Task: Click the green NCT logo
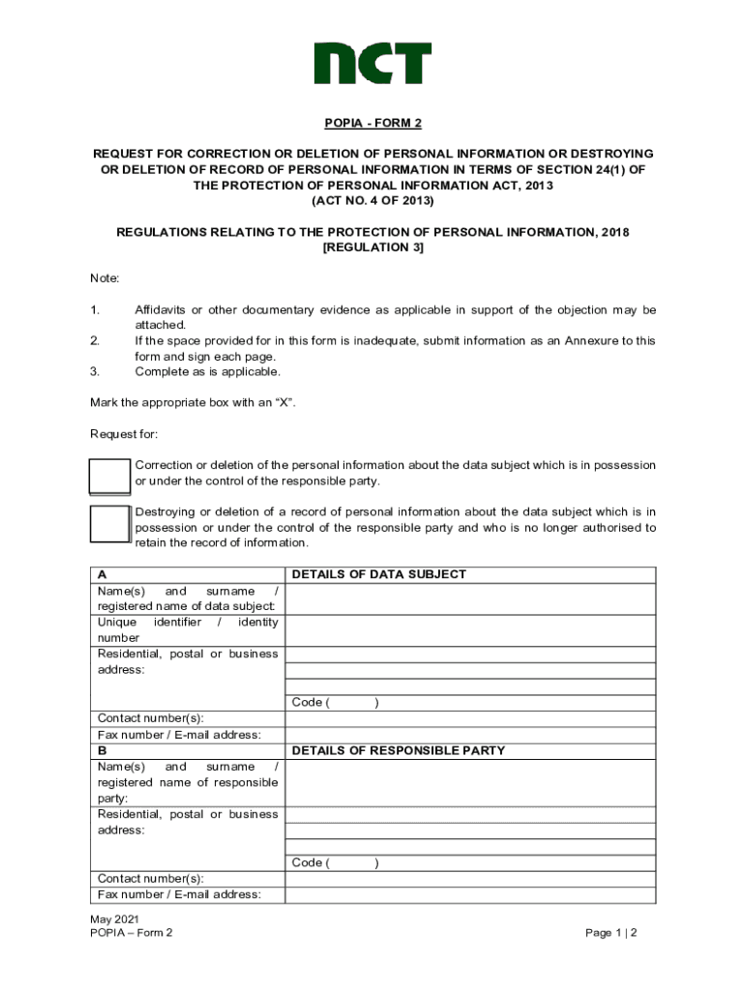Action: pyautogui.click(x=372, y=63)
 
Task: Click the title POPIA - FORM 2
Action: pyautogui.click(x=372, y=123)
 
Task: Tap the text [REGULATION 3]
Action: pyautogui.click(x=372, y=247)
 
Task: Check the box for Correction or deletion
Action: pyautogui.click(x=109, y=476)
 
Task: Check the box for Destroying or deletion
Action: pyautogui.click(x=109, y=523)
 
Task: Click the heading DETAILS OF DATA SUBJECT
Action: pyautogui.click(x=379, y=574)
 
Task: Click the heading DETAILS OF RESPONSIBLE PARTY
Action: pyautogui.click(x=399, y=750)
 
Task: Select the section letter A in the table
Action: pyautogui.click(x=103, y=574)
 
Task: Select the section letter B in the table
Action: pyautogui.click(x=103, y=750)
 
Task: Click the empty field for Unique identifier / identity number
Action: pyautogui.click(x=470, y=630)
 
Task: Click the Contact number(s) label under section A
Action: pyautogui.click(x=151, y=718)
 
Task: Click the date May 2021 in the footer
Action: pyautogui.click(x=115, y=918)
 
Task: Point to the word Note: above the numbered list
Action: pyautogui.click(x=104, y=278)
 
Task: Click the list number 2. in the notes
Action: pyautogui.click(x=95, y=341)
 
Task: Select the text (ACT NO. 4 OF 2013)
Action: pyautogui.click(x=372, y=201)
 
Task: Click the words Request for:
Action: pyautogui.click(x=124, y=434)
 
